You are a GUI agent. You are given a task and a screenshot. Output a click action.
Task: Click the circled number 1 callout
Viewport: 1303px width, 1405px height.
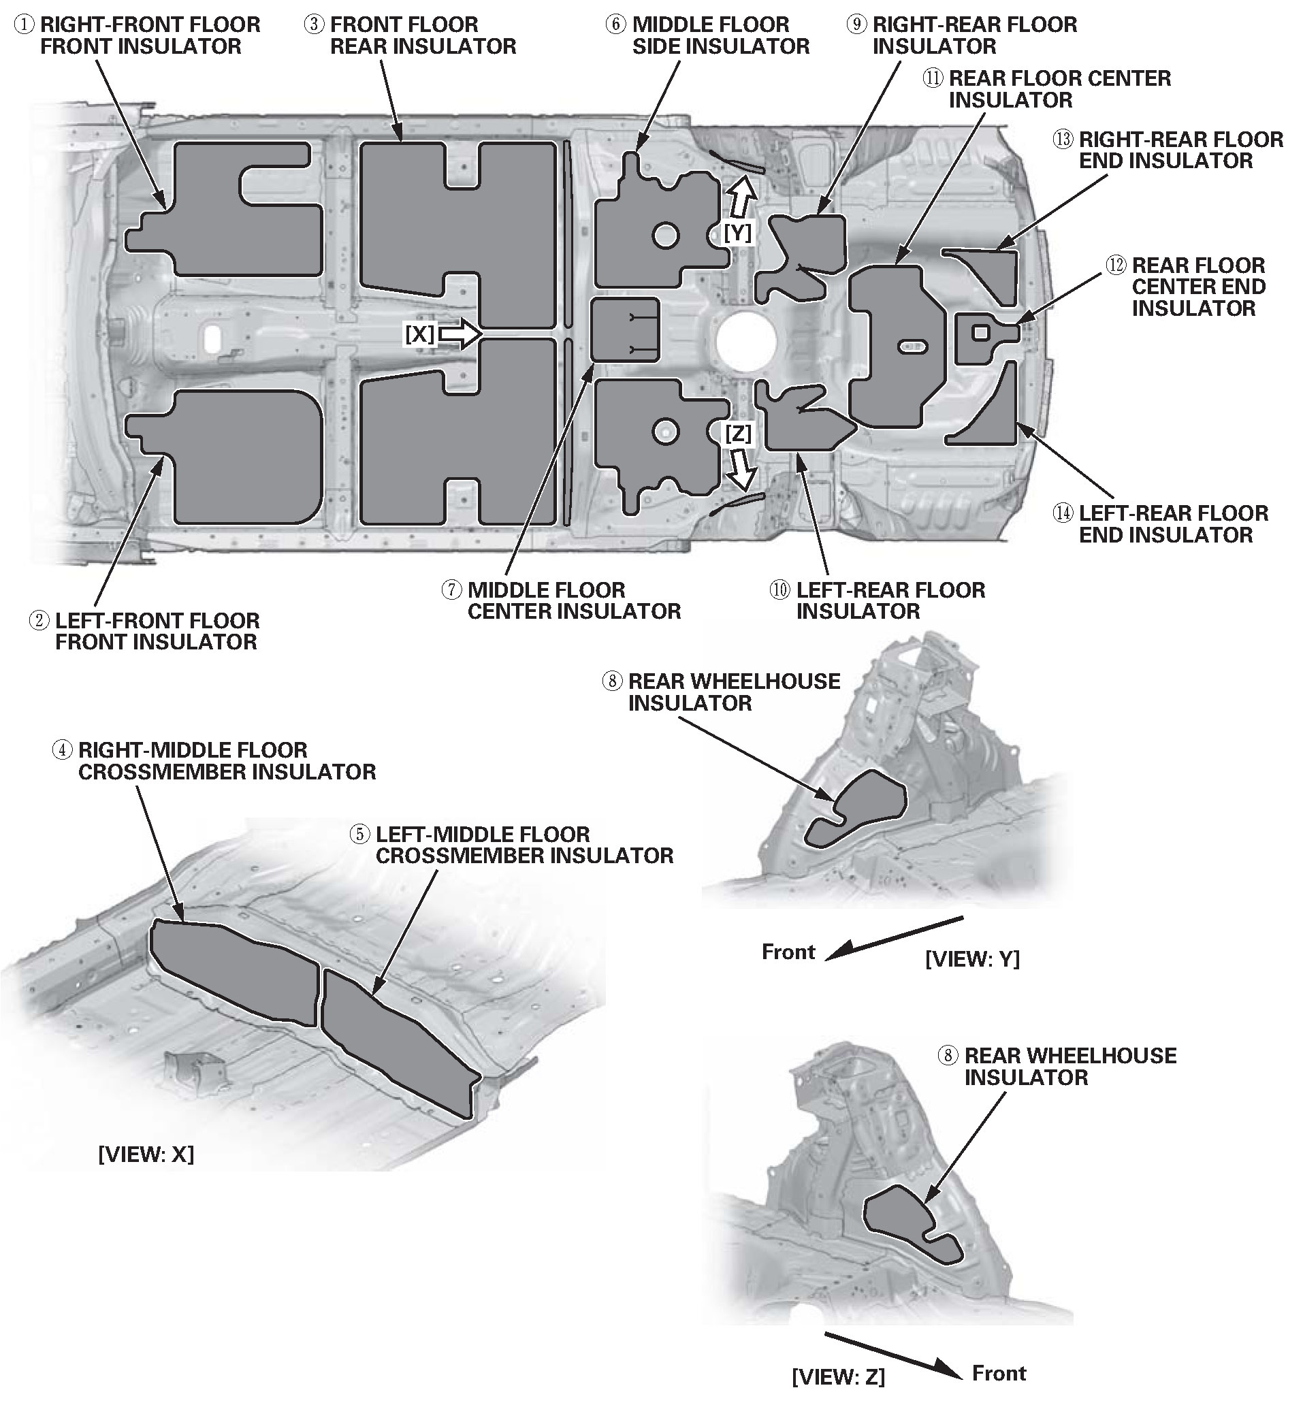point(25,25)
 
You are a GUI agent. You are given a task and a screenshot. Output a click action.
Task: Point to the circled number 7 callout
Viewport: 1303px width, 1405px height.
point(452,590)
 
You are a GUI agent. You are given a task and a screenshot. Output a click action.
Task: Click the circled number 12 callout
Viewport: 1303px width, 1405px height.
point(1116,265)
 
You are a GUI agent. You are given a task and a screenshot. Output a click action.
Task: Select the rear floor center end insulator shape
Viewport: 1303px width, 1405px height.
point(980,338)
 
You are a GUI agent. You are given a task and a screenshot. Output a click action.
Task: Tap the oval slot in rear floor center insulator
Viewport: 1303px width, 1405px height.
point(912,346)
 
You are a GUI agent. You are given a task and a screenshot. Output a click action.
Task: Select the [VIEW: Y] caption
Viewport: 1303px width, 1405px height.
point(971,958)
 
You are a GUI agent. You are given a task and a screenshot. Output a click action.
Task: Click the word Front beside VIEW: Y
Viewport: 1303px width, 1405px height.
point(788,952)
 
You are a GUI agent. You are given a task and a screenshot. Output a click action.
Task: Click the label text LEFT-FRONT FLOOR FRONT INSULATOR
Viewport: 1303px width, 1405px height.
point(157,631)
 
